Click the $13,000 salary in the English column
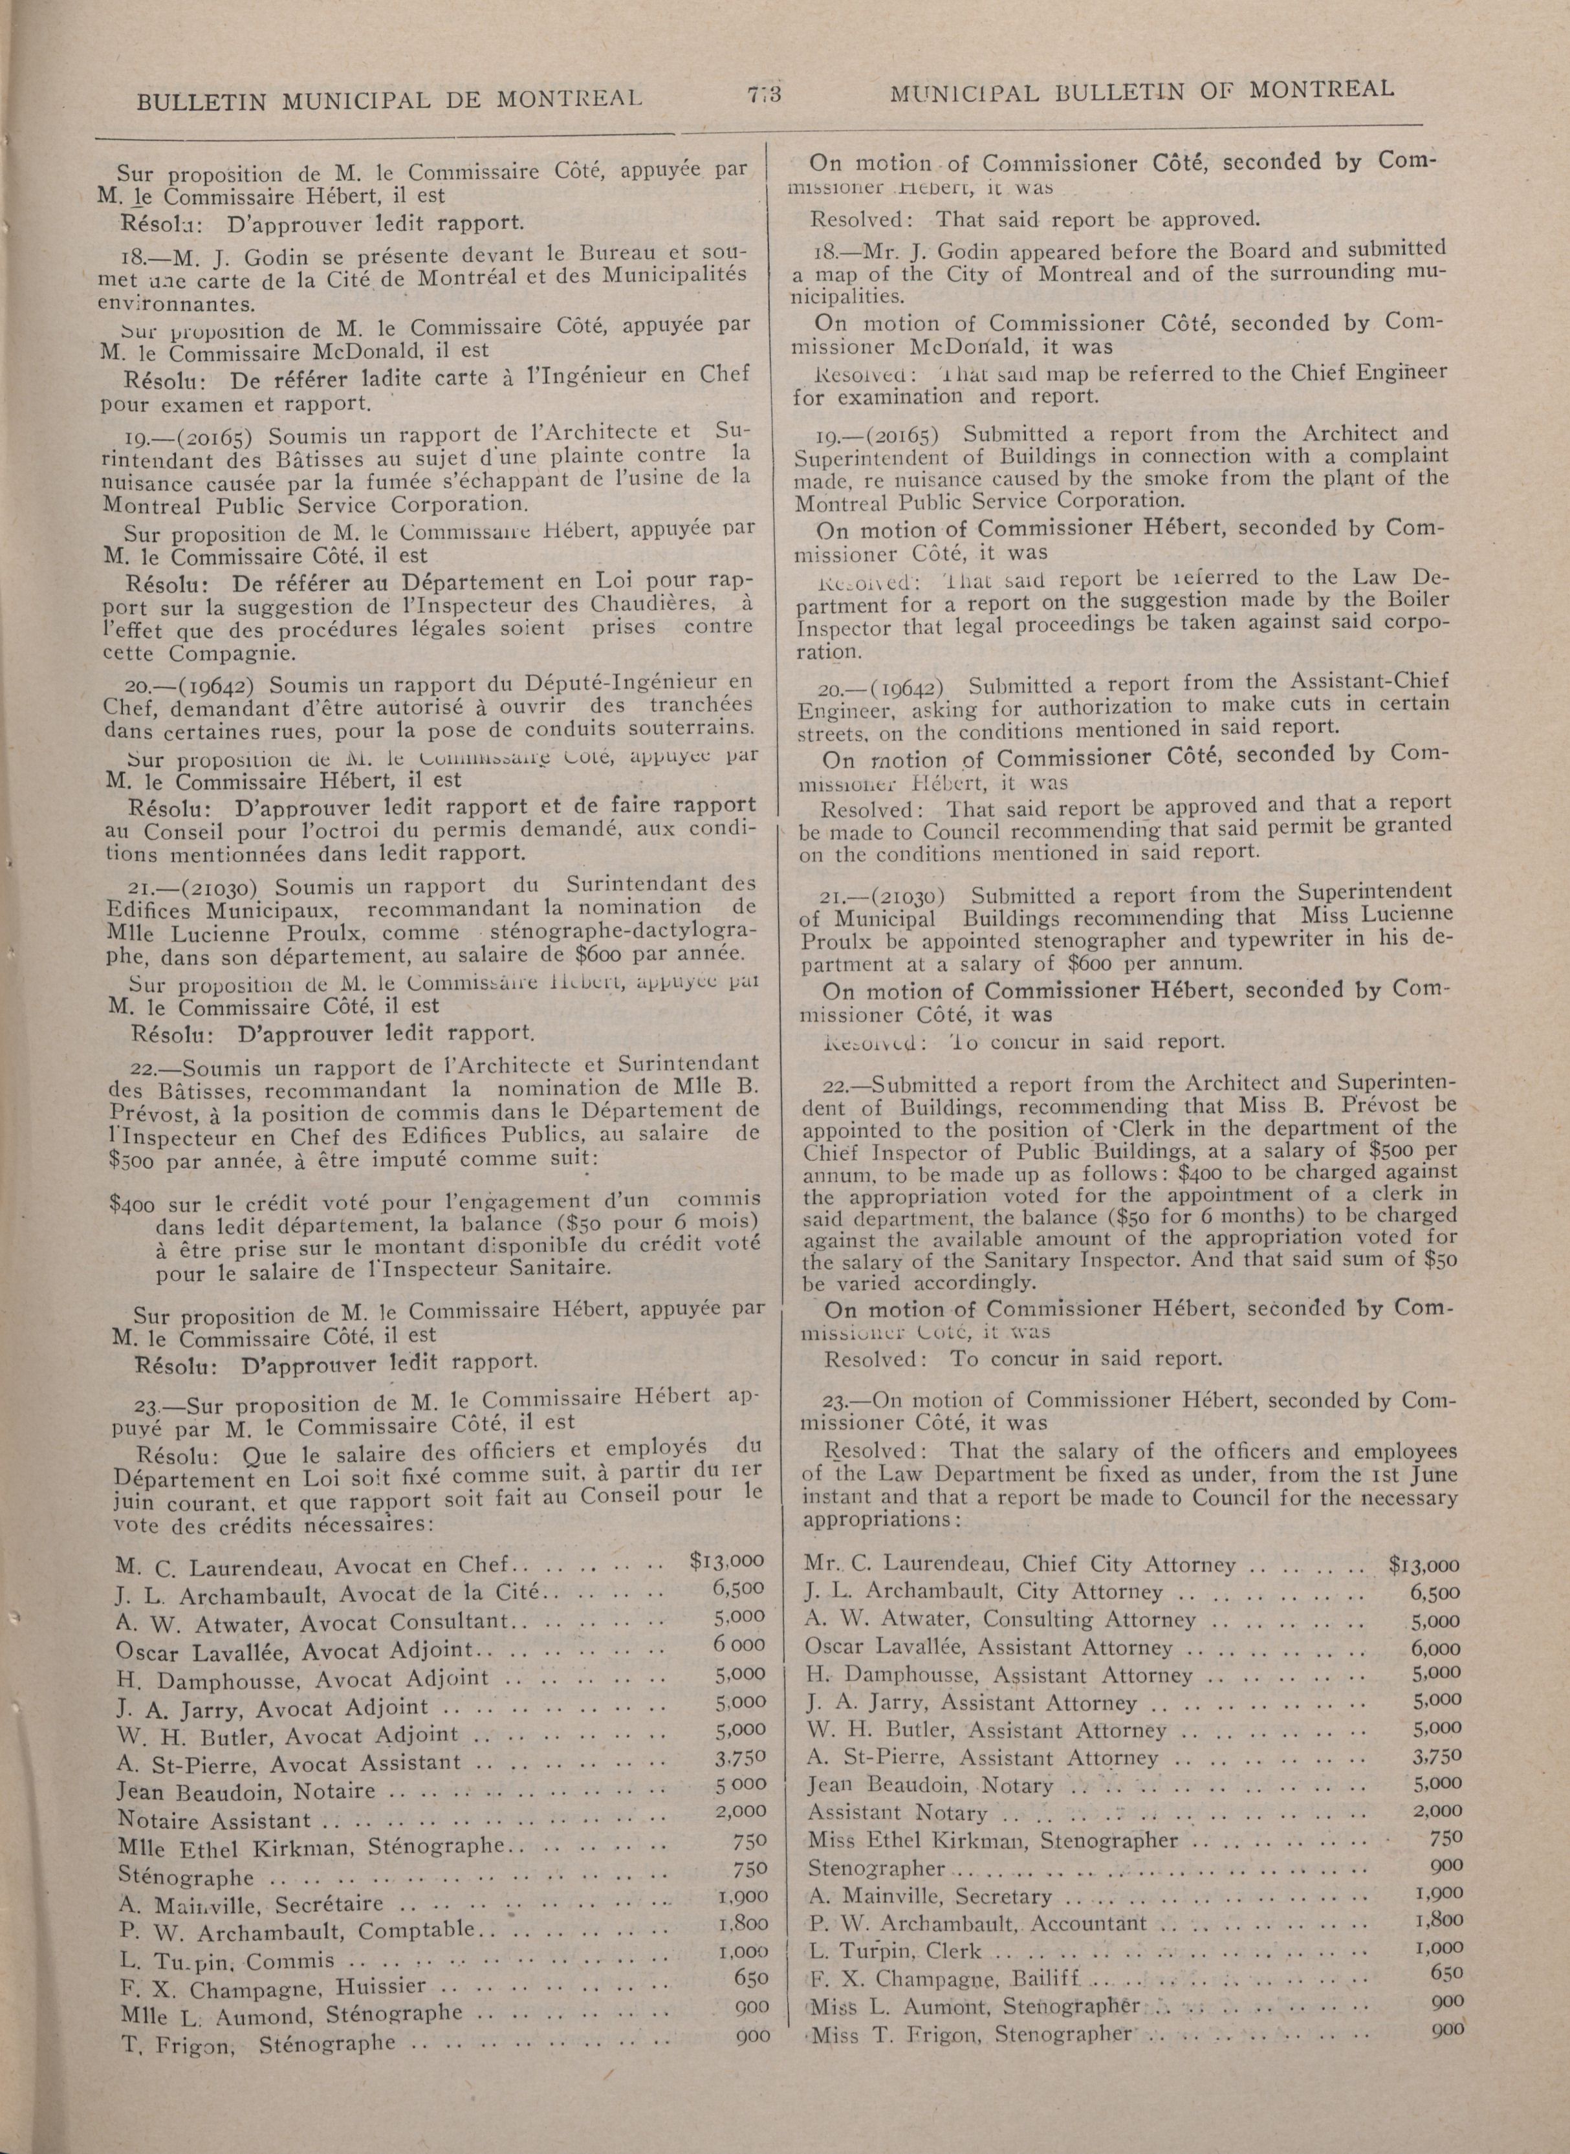tap(1424, 1565)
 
